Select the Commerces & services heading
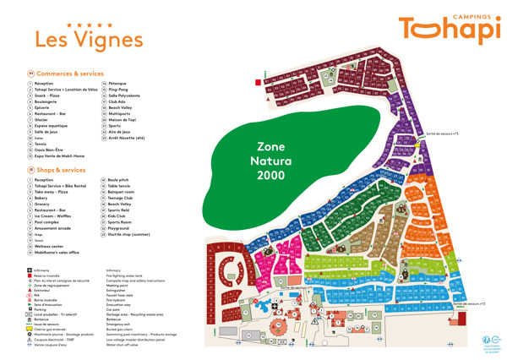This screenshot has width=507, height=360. pos(72,74)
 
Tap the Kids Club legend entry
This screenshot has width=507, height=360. pos(118,215)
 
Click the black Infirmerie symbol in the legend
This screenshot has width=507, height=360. pos(30,270)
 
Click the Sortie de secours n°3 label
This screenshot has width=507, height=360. pos(442,134)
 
